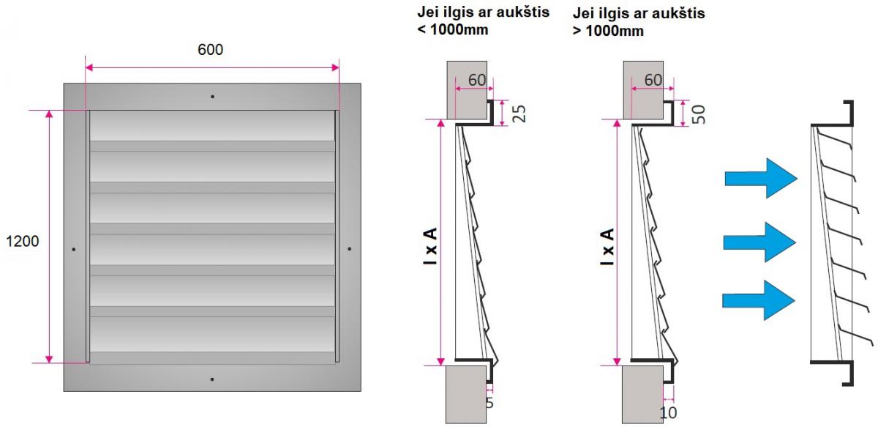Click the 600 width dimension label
211,50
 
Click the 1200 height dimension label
23,242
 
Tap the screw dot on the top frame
212,97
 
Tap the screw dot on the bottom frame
212,379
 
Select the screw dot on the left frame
74,249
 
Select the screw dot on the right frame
349,248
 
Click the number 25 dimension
519,114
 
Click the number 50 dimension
699,114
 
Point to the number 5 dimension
489,403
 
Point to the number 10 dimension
668,412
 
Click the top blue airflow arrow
761,179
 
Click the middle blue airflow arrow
759,242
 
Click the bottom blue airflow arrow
759,300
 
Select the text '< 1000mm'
453,29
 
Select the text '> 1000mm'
608,31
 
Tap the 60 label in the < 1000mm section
477,80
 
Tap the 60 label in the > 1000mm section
653,80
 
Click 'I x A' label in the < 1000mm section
430,246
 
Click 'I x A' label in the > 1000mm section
607,247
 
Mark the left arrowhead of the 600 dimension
89,67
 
